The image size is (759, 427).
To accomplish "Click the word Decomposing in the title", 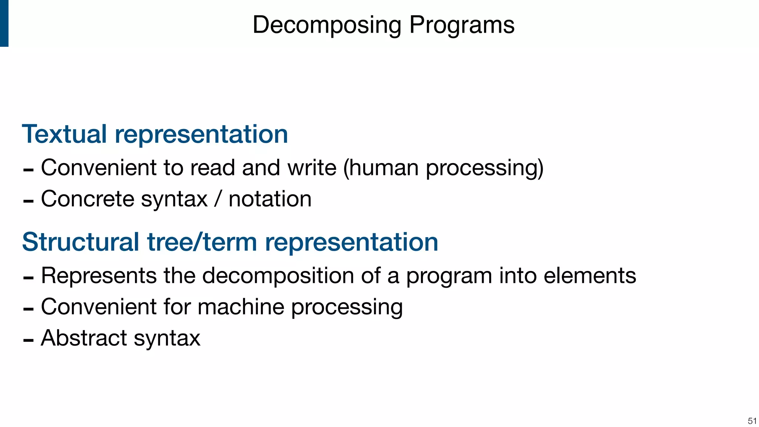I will (327, 25).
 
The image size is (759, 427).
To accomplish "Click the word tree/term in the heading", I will (202, 242).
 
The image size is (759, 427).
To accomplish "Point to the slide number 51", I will (752, 421).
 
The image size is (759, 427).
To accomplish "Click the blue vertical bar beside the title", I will (4, 23).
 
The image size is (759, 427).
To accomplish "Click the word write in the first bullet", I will (312, 168).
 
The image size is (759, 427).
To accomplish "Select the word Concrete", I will (87, 199).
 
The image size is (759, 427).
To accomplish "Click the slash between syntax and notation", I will (218, 199).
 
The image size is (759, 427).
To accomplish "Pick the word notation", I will (270, 199).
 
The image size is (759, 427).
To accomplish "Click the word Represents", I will (99, 276).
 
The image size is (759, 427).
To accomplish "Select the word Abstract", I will (84, 338).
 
